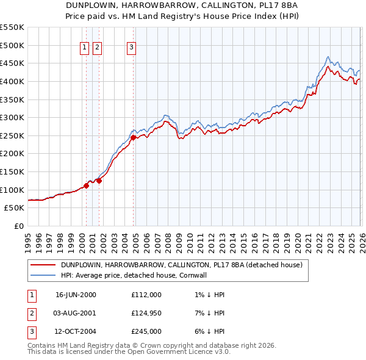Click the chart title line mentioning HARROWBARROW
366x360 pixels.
183,4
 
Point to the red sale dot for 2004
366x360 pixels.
133,138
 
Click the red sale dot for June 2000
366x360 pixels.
86,186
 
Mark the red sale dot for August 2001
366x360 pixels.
99,181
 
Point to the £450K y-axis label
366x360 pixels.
12,63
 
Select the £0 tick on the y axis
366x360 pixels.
18,226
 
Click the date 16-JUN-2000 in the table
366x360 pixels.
76,295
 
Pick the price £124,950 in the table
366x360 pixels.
146,314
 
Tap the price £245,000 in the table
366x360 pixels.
146,333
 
